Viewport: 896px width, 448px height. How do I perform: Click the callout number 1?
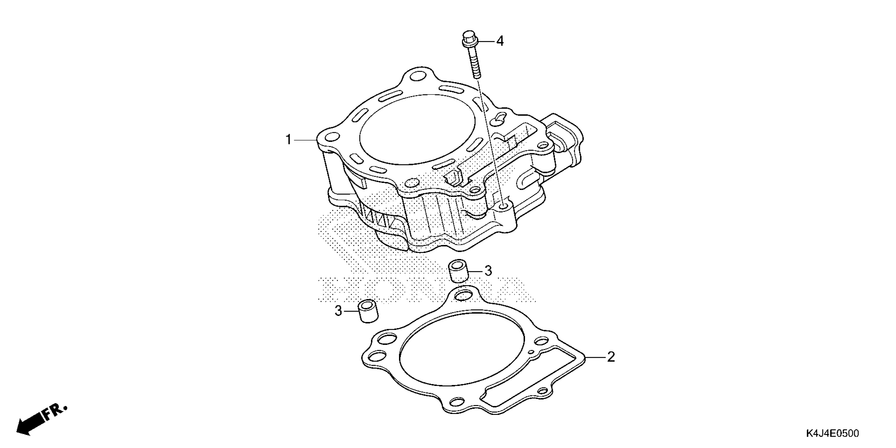point(288,140)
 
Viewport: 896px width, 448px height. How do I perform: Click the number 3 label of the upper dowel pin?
point(488,271)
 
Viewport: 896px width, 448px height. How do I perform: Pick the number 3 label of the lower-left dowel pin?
point(338,311)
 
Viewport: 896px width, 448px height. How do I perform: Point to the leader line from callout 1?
point(305,140)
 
